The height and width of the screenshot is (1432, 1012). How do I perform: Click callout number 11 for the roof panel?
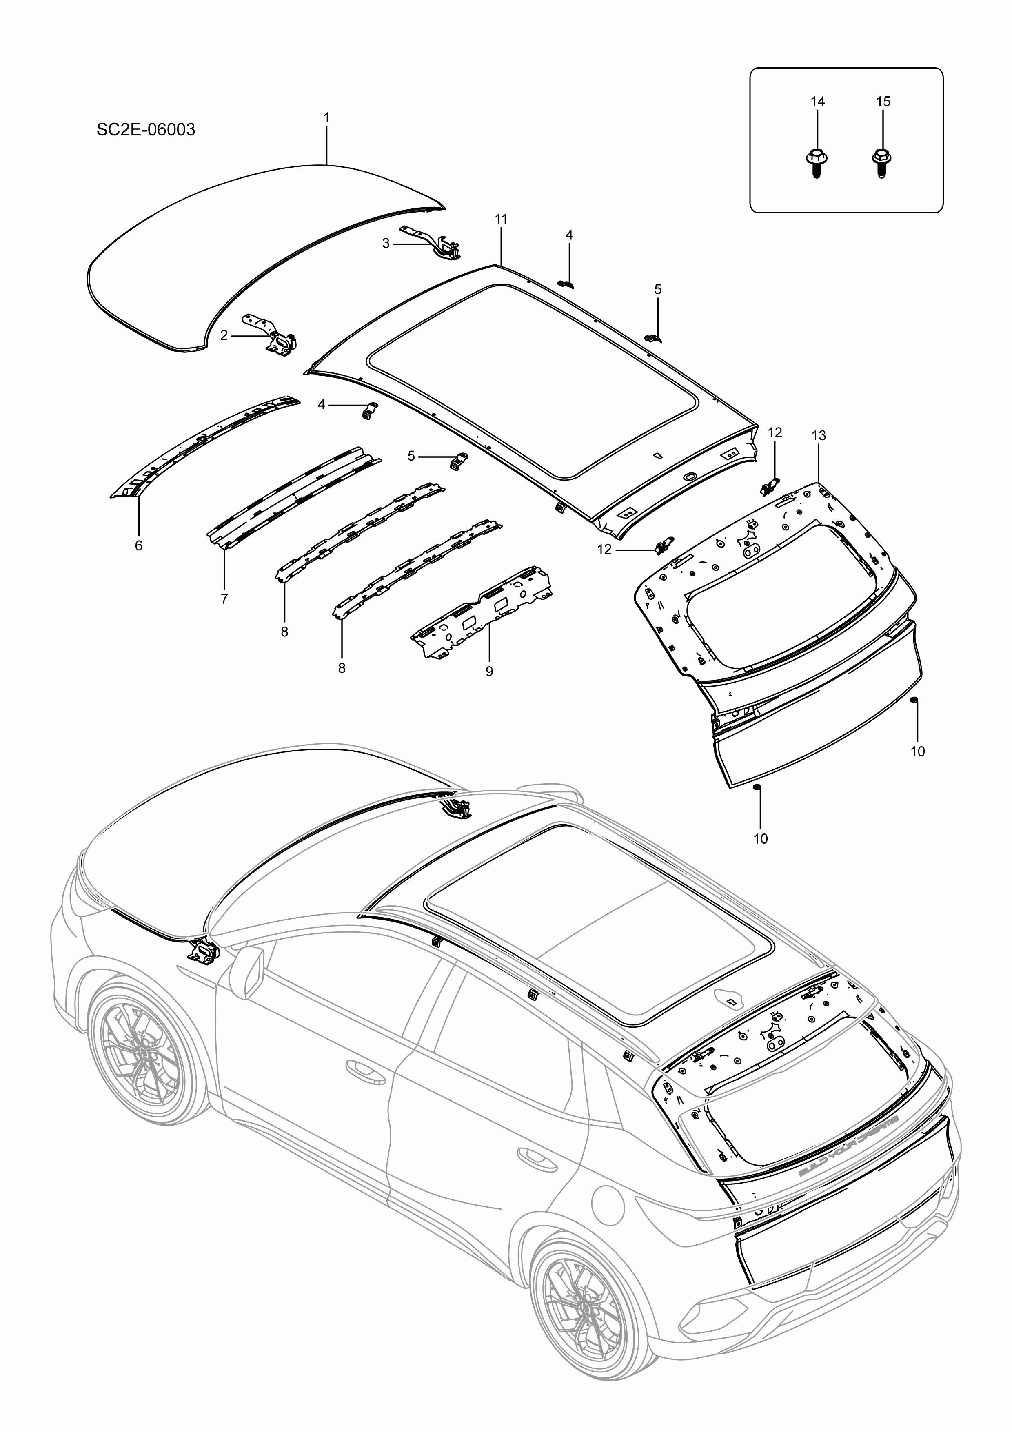tap(501, 219)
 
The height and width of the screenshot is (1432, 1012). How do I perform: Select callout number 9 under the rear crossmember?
tap(489, 671)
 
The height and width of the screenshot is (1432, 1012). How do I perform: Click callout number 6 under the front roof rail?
tap(138, 546)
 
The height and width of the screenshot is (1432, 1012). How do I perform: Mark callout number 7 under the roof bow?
tap(224, 599)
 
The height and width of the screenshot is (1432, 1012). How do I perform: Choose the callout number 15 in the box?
tap(883, 102)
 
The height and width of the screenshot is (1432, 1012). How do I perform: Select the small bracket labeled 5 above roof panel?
tap(652, 337)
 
